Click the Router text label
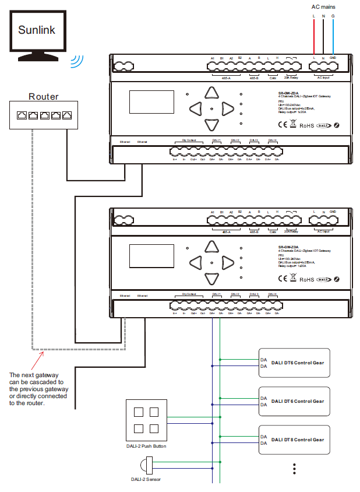point(44,97)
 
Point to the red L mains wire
point(314,35)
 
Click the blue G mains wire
point(333,35)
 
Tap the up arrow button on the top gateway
point(210,92)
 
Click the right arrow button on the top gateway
point(227,108)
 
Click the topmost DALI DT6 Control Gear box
point(294,363)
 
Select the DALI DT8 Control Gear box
point(294,440)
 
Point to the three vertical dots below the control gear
point(295,469)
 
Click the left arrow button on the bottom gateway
point(193,260)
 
